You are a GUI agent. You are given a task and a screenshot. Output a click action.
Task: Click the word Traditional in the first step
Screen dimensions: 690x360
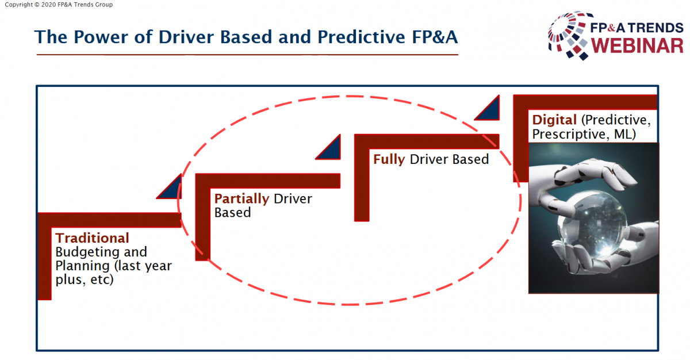(x=92, y=238)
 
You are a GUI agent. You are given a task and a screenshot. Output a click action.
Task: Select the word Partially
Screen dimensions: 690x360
(x=242, y=199)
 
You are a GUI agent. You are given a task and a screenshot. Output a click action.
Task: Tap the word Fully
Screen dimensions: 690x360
(x=389, y=160)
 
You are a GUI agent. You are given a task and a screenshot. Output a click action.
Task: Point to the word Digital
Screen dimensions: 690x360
(x=554, y=120)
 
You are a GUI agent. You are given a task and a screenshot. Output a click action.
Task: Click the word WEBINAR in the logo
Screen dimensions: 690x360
(x=637, y=45)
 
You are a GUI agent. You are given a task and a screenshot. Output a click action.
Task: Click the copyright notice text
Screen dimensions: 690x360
(x=59, y=5)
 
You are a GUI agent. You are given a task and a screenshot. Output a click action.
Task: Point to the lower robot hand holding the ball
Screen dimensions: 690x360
(x=604, y=252)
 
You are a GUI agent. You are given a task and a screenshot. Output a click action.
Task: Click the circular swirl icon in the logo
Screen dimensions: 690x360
(x=569, y=35)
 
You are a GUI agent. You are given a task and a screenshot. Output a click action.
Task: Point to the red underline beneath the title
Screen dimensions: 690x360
(x=247, y=55)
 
